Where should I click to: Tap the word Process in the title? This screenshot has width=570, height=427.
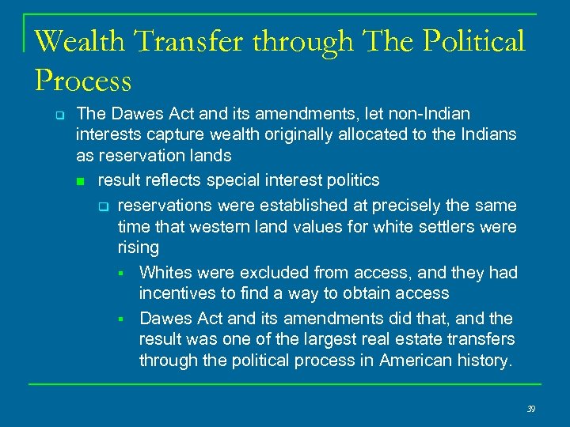[83, 81]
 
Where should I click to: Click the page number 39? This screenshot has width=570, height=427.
[530, 408]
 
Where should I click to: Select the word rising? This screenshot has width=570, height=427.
[138, 248]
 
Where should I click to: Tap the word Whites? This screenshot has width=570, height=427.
[165, 273]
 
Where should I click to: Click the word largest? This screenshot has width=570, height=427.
[335, 339]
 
